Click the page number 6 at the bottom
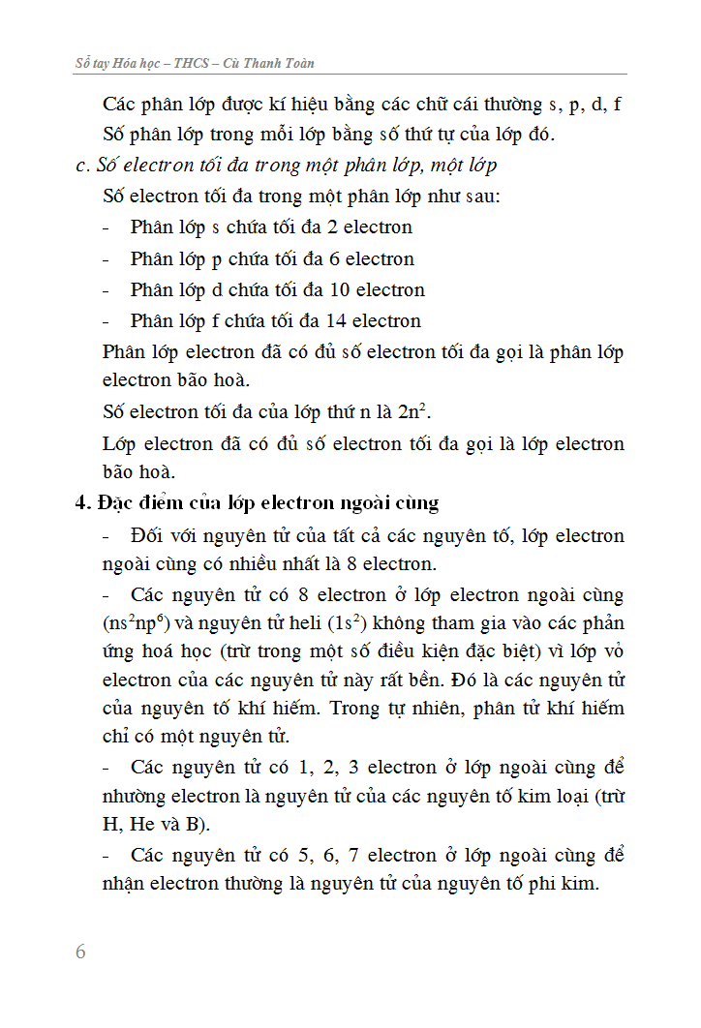click(x=80, y=952)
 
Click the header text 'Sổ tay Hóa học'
click(x=116, y=63)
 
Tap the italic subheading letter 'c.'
click(x=82, y=166)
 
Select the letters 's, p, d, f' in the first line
click(x=586, y=105)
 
